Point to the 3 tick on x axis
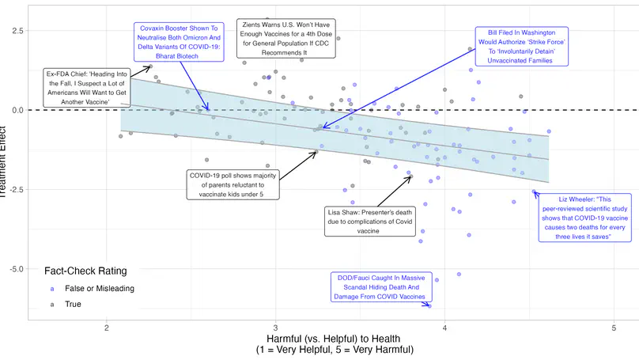pyautogui.click(x=276, y=328)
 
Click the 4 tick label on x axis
pyautogui.click(x=445, y=328)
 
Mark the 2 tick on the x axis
pyautogui.click(x=106, y=328)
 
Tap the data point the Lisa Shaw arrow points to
pyautogui.click(x=410, y=176)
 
